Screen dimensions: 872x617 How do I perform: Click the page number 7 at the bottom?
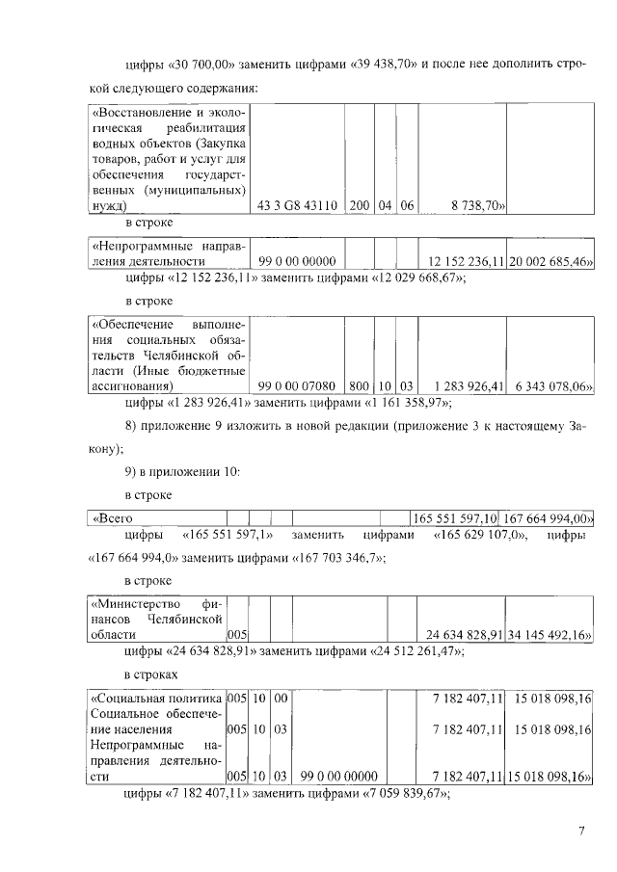(x=582, y=832)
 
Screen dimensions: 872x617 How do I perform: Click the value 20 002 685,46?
(x=551, y=261)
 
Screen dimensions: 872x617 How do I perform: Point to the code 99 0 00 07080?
(x=298, y=386)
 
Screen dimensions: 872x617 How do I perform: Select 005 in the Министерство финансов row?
(x=236, y=635)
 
